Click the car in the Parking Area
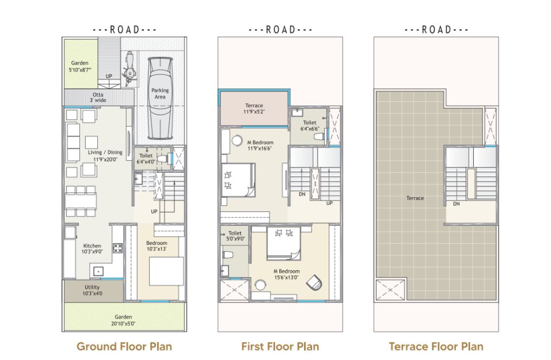point(160,99)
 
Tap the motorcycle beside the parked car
point(129,69)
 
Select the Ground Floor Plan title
point(124,346)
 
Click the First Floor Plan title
point(280,346)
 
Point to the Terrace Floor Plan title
point(436,346)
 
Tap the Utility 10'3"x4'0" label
point(93,290)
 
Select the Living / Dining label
point(105,156)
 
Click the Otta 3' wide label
point(98,97)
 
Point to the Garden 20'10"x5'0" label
point(123,320)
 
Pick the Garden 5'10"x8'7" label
point(80,66)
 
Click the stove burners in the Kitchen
point(117,249)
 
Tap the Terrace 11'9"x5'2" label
point(254,109)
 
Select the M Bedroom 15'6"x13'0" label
point(287,274)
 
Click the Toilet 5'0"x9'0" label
point(235,236)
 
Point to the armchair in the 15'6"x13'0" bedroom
point(314,283)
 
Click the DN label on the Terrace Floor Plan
point(456,204)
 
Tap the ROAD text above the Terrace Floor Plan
point(436,29)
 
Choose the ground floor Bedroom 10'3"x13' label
point(157,246)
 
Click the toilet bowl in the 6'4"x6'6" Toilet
point(320,137)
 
